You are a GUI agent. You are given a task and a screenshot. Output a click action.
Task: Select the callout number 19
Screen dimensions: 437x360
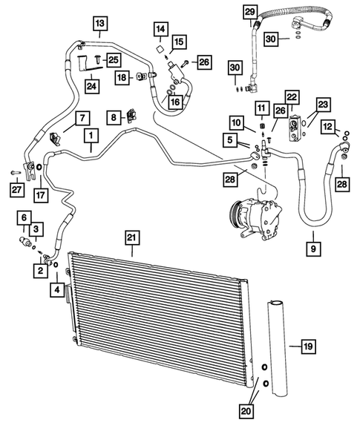click(x=306, y=345)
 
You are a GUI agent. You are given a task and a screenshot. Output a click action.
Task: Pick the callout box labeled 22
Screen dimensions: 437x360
click(x=291, y=97)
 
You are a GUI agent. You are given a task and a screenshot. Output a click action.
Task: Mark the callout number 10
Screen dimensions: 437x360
click(x=235, y=122)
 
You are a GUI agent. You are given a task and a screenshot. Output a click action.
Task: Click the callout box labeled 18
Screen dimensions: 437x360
click(x=120, y=76)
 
